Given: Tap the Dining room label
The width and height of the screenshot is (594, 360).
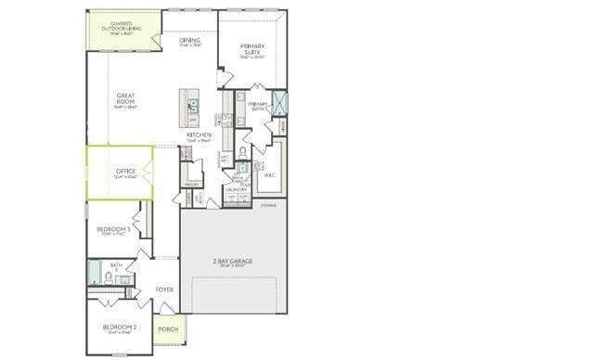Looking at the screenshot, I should click(x=190, y=42).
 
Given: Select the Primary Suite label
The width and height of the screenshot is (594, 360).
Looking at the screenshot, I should click(x=252, y=49).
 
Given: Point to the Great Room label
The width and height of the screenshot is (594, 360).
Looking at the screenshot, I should click(x=126, y=98).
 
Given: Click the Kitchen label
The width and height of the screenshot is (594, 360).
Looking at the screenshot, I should click(x=199, y=135).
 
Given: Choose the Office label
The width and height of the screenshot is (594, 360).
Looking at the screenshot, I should click(x=126, y=173).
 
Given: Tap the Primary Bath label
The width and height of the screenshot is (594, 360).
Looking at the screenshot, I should click(x=257, y=106).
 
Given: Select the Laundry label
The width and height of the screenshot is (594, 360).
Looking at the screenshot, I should click(x=236, y=189).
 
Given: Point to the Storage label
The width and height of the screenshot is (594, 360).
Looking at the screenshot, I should click(x=268, y=204).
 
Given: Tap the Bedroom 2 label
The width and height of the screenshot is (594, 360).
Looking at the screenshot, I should click(x=121, y=328).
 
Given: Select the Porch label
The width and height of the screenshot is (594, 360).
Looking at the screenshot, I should click(x=168, y=328).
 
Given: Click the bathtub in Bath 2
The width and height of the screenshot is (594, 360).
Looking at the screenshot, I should click(x=94, y=273).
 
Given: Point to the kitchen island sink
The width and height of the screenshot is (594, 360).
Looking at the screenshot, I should click(x=192, y=105).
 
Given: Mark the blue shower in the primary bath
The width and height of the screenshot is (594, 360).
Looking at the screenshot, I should click(x=280, y=104).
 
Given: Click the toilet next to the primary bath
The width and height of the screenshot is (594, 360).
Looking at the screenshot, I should click(x=243, y=151).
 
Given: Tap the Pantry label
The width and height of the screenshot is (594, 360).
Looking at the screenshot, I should click(x=193, y=185).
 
